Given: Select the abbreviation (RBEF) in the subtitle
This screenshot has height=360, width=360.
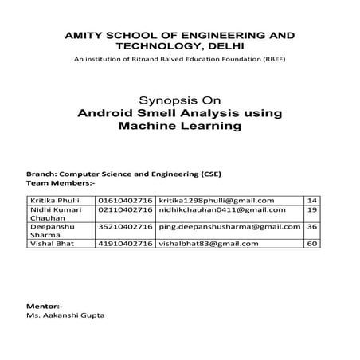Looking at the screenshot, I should coord(269,61).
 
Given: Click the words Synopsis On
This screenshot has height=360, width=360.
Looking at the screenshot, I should coord(179,101).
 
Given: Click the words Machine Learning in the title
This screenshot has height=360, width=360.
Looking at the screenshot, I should coord(179,126).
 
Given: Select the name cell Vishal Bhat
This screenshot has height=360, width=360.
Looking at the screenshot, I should coord(50,243).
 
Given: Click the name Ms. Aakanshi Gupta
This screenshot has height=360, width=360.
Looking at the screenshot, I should coord(66,316).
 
